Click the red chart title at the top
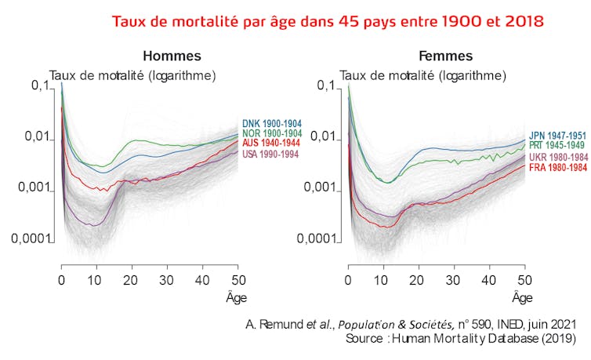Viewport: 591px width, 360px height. tap(328, 20)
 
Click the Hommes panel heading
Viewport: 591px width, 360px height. tap(172, 56)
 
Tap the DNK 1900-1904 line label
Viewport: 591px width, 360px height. tap(272, 124)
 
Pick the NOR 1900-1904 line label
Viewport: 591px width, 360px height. tap(272, 133)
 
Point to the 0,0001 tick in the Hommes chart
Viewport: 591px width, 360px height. tap(31, 238)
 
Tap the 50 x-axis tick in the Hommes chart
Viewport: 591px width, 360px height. tap(238, 280)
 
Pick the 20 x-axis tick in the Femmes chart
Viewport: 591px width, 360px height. tap(419, 280)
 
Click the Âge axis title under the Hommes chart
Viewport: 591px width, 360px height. tap(234, 297)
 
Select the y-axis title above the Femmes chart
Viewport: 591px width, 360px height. tap(422, 75)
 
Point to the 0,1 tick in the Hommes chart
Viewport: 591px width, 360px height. tap(38, 86)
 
